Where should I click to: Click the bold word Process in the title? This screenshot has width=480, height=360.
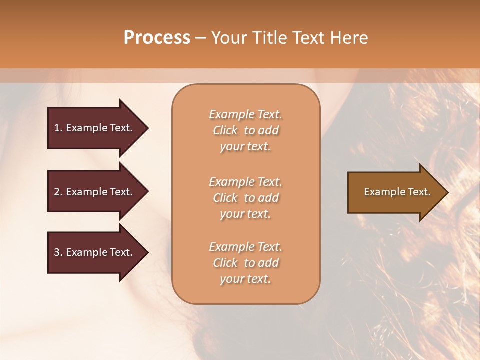pyautogui.click(x=157, y=38)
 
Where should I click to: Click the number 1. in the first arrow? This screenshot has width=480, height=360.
pyautogui.click(x=58, y=128)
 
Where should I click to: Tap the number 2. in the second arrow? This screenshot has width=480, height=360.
pyautogui.click(x=58, y=192)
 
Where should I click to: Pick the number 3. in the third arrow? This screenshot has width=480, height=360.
pyautogui.click(x=58, y=252)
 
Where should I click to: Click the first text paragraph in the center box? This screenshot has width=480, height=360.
pyautogui.click(x=245, y=130)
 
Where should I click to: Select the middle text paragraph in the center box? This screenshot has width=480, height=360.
pyautogui.click(x=245, y=198)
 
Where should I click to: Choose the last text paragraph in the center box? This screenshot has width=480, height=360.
pyautogui.click(x=245, y=263)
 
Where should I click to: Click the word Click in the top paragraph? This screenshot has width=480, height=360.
pyautogui.click(x=225, y=130)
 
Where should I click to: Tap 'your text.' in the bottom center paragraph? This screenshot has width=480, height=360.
pyautogui.click(x=245, y=279)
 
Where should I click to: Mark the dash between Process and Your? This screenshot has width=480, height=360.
pyautogui.click(x=201, y=38)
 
